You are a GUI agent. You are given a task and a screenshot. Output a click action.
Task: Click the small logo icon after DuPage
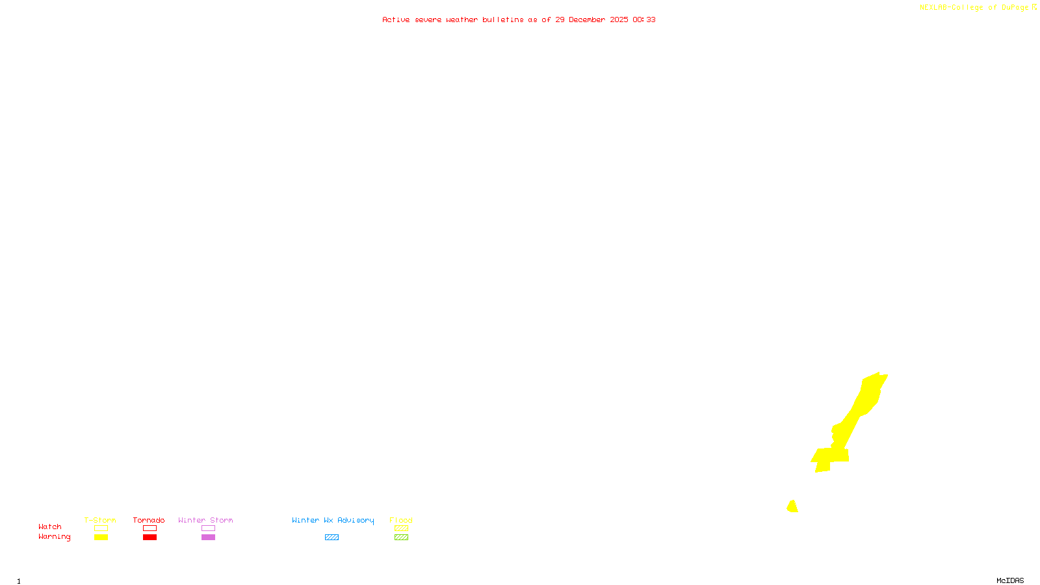pos(1034,7)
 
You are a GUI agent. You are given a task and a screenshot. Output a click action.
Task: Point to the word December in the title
pos(587,19)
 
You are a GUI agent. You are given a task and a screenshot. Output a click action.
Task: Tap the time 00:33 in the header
pos(644,19)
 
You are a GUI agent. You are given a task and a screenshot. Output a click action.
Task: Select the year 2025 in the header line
pos(619,19)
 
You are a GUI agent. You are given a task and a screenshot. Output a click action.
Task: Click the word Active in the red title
pos(396,19)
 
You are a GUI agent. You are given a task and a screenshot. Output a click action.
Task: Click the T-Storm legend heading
pos(100,520)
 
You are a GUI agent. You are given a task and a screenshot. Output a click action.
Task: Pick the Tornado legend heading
pos(149,520)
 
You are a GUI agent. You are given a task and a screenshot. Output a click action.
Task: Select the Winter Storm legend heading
pos(205,520)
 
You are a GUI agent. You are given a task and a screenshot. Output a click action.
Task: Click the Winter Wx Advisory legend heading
pos(333,520)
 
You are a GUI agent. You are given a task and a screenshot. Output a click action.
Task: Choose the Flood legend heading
pos(401,520)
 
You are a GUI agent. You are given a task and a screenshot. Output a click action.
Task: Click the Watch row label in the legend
pos(50,526)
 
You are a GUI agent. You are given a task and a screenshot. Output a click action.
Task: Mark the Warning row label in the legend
pos(54,537)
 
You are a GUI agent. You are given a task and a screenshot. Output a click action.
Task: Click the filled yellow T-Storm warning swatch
pos(101,538)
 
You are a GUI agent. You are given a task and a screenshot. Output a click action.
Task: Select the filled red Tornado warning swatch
pos(149,538)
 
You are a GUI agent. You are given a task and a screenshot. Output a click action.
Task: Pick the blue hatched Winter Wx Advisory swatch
pos(331,538)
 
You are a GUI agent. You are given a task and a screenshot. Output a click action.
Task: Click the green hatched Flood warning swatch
pos(401,538)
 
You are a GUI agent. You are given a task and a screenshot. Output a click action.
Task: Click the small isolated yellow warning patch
pos(792,506)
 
